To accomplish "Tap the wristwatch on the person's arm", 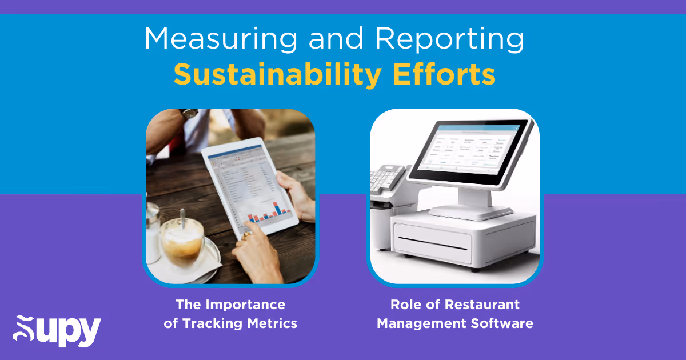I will (x=189, y=113).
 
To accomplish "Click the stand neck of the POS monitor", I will (x=472, y=197).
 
